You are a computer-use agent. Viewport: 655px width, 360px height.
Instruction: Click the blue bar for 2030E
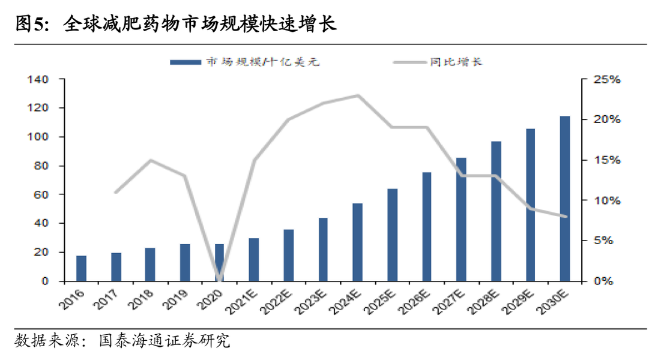[x=565, y=199]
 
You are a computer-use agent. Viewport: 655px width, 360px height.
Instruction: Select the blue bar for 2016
[x=81, y=268]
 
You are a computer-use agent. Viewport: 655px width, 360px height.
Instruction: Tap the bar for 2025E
[x=392, y=235]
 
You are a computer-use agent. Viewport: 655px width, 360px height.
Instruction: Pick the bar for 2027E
[x=461, y=219]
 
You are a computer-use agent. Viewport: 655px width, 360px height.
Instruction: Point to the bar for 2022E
[x=289, y=255]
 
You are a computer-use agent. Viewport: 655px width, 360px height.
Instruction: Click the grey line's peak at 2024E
[x=358, y=95]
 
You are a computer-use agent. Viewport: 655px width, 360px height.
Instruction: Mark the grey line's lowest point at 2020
[x=220, y=280]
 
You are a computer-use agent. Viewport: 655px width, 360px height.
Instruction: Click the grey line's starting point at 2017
[x=115, y=192]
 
